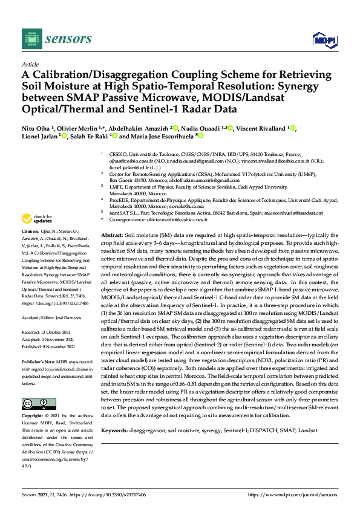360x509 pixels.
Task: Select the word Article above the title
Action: coord(30,63)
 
